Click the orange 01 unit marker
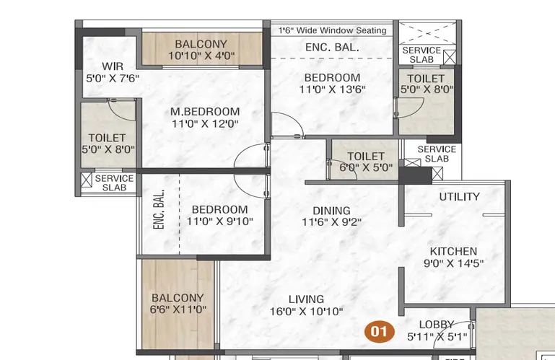click(380, 332)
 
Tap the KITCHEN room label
click(453, 251)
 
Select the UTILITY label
click(460, 196)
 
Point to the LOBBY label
click(437, 324)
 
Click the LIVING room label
click(306, 299)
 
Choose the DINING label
click(332, 211)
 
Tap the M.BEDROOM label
click(205, 112)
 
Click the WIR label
click(113, 66)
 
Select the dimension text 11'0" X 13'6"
click(332, 89)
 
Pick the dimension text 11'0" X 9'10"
click(219, 221)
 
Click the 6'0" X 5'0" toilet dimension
click(366, 167)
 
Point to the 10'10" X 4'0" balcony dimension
click(201, 56)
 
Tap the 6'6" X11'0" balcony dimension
click(178, 309)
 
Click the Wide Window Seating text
click(341, 30)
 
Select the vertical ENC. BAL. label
click(159, 209)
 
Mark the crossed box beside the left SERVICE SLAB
click(87, 180)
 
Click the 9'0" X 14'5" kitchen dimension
click(453, 263)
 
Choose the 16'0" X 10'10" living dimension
click(306, 312)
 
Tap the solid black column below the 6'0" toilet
click(415, 175)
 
